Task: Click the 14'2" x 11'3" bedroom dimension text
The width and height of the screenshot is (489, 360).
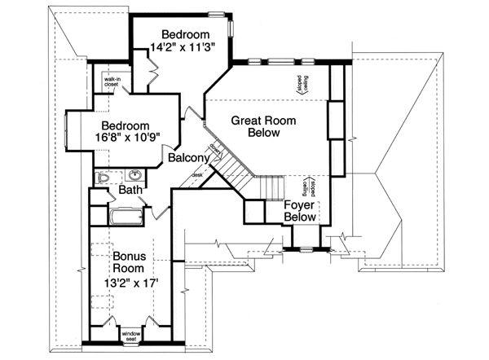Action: click(x=182, y=48)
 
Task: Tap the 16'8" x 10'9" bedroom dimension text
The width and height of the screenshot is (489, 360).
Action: click(x=125, y=139)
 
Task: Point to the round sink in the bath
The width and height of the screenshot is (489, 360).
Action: click(x=134, y=175)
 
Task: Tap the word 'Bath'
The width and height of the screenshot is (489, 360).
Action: click(x=131, y=191)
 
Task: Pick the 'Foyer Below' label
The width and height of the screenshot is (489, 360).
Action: click(x=300, y=212)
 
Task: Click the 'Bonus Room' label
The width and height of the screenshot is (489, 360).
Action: click(x=129, y=261)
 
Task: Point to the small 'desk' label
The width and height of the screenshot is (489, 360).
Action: click(x=196, y=174)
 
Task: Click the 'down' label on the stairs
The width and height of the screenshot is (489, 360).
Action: click(x=214, y=147)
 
